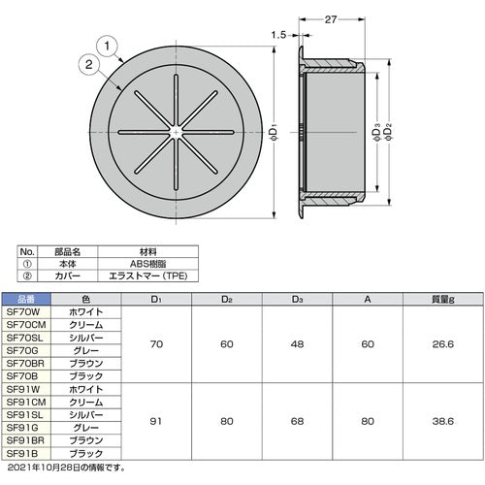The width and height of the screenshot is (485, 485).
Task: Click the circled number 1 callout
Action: (109, 44)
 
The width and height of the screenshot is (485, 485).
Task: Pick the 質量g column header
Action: (441, 300)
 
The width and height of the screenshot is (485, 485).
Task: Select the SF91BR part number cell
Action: (23, 438)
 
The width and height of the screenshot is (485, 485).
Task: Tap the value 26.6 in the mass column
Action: (441, 343)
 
